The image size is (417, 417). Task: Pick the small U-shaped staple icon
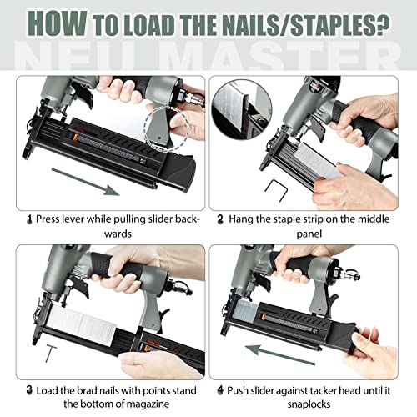[x=276, y=189]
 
